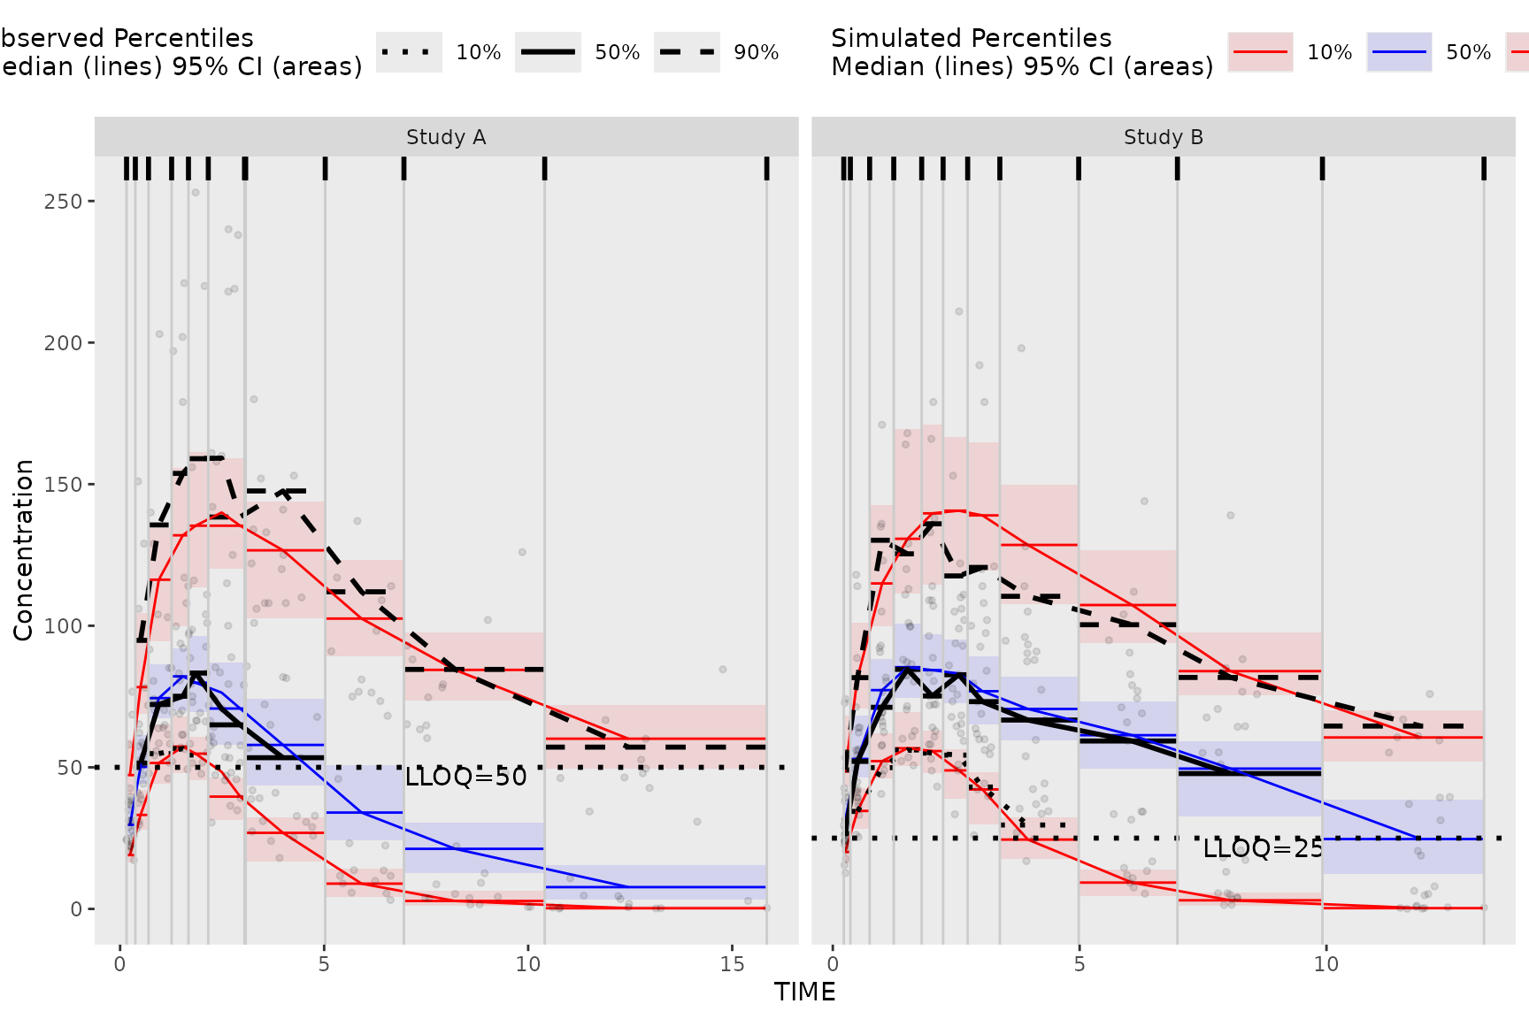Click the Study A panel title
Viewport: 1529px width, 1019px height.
pos(446,137)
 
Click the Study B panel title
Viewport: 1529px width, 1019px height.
pos(1163,137)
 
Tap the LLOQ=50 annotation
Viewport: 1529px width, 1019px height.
pos(465,778)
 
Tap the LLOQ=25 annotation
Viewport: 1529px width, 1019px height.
pos(1263,849)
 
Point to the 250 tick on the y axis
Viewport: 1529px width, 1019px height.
pos(63,202)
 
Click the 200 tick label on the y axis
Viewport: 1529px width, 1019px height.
pos(63,343)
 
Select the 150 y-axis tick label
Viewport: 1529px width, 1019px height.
pos(63,485)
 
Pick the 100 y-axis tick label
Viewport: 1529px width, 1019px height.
pos(63,626)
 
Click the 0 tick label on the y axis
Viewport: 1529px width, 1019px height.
pos(76,909)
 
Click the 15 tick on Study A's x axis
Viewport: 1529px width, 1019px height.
pos(732,964)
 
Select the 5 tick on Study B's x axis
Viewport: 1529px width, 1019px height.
pos(1079,964)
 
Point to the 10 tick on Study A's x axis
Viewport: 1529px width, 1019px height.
pos(528,964)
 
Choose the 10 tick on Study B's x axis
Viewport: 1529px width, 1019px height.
pos(1325,964)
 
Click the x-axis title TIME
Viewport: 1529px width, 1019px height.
pos(804,992)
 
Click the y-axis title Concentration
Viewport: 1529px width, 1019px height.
pos(23,549)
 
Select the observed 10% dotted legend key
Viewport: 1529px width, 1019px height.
pos(409,52)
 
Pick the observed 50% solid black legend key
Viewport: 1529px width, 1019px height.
pos(548,52)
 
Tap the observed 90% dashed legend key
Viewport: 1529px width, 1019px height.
pos(687,52)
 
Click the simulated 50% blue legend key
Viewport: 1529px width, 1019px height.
pos(1399,52)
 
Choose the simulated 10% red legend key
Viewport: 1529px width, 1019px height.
pos(1260,52)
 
